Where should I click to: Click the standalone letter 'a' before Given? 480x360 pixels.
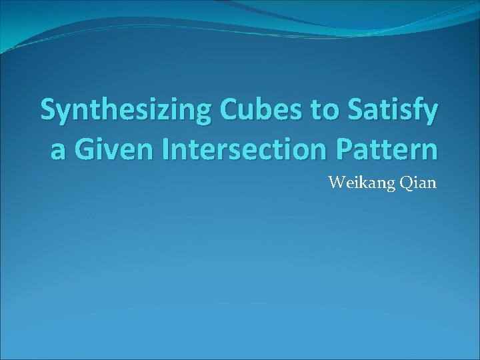pyautogui.click(x=58, y=151)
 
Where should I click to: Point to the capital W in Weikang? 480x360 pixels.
pyautogui.click(x=335, y=182)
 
